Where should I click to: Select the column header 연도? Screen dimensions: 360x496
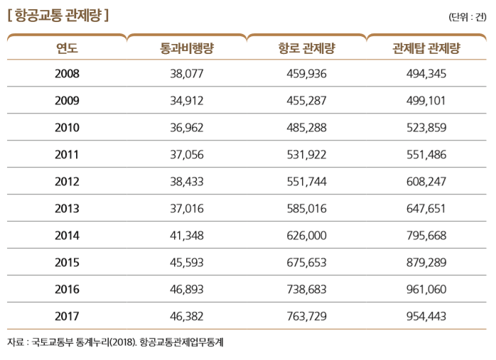click(67, 48)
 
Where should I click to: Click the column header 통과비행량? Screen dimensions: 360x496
click(188, 48)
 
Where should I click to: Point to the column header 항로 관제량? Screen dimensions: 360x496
click(307, 48)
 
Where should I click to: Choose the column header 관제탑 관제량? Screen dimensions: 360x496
click(426, 48)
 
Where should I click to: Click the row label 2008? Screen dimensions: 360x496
click(67, 73)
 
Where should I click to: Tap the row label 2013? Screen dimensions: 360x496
click(67, 208)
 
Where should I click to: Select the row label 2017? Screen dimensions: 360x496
click(67, 316)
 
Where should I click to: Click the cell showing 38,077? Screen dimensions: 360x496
click(188, 73)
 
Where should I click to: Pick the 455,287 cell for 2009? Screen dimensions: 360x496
click(307, 100)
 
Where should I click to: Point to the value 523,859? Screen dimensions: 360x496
click(426, 127)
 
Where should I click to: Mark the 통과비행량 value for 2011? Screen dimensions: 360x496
click(188, 154)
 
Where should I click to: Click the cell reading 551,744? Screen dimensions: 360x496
click(307, 181)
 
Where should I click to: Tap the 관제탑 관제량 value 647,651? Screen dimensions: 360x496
click(426, 208)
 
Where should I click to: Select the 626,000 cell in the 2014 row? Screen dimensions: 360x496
click(307, 235)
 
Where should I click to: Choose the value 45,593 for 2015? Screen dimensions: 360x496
click(188, 262)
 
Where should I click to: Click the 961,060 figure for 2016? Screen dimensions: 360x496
click(426, 289)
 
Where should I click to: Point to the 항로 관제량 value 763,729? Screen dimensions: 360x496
click(307, 316)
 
